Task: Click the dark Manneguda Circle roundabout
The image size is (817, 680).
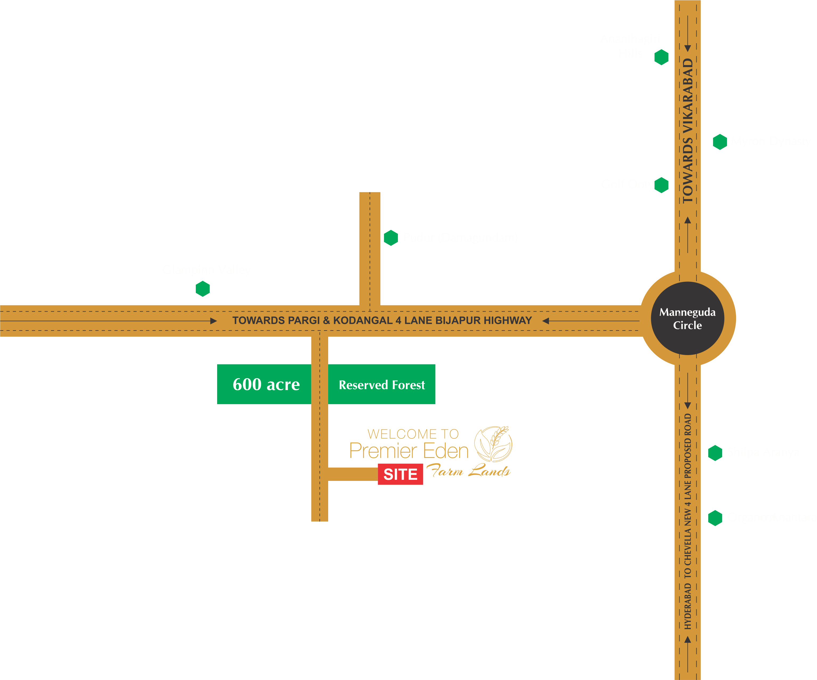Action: pyautogui.click(x=688, y=318)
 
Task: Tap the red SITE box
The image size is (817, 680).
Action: pyautogui.click(x=400, y=474)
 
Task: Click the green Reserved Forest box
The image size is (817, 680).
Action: pyautogui.click(x=382, y=385)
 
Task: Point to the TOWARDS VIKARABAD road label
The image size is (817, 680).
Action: pyautogui.click(x=688, y=130)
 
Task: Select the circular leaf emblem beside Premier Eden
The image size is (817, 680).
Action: pyautogui.click(x=493, y=444)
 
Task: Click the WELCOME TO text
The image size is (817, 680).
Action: pyautogui.click(x=413, y=434)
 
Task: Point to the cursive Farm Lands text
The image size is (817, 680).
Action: pyautogui.click(x=468, y=471)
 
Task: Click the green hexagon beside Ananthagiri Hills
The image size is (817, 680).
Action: pyautogui.click(x=661, y=57)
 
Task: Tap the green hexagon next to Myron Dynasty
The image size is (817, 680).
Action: pyautogui.click(x=720, y=142)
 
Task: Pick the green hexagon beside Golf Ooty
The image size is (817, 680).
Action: pyautogui.click(x=661, y=185)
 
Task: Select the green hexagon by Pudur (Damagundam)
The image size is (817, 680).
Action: pyautogui.click(x=391, y=238)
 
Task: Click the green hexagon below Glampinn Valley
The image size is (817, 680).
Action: pyautogui.click(x=203, y=289)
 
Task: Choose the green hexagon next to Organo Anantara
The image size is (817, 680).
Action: pyautogui.click(x=715, y=518)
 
